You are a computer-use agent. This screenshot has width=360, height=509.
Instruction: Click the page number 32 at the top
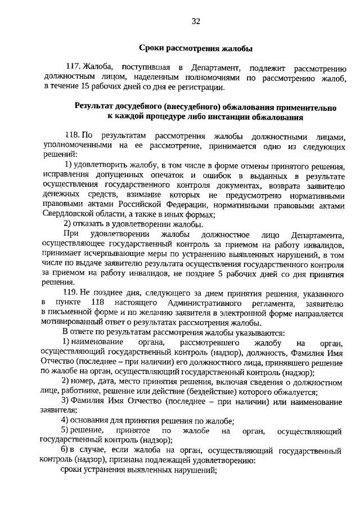[x=196, y=21]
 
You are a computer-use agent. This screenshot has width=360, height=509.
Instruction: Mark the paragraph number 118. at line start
[x=73, y=136]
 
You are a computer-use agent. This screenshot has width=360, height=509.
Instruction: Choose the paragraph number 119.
[x=73, y=294]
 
